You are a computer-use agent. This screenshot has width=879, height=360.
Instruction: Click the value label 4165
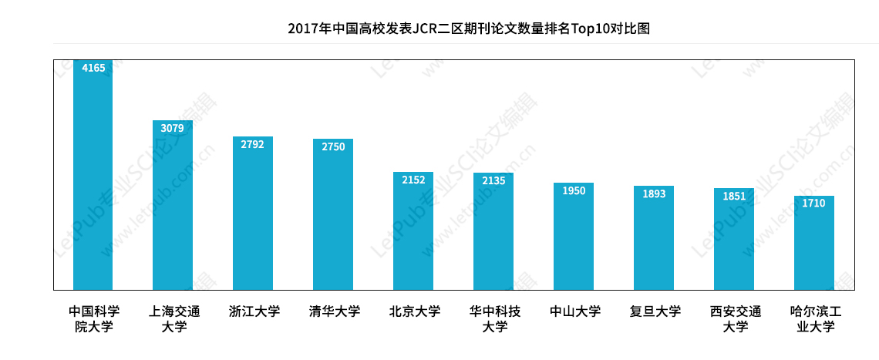tap(93, 68)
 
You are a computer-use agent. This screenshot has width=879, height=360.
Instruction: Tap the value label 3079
tap(173, 128)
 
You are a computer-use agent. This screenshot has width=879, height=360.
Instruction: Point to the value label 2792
tap(253, 144)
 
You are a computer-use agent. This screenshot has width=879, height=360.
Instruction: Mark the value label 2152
tap(413, 180)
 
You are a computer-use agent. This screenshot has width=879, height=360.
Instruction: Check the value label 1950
tap(574, 190)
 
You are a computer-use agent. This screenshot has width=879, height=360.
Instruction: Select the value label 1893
tap(654, 193)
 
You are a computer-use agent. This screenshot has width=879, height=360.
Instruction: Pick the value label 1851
tap(734, 196)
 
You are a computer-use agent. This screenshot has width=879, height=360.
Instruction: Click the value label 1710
tap(814, 204)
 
